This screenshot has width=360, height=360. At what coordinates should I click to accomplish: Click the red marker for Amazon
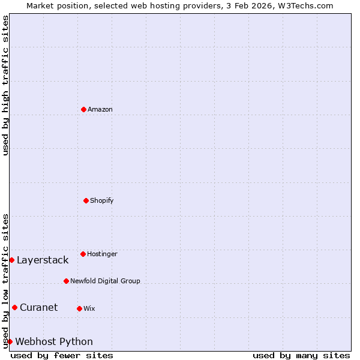coord(83,109)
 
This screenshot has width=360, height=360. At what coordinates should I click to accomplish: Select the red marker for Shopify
coord(86,200)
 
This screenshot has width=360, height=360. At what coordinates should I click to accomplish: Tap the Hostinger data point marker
coord(83,254)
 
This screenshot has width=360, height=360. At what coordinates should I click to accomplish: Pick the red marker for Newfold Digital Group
coord(66,281)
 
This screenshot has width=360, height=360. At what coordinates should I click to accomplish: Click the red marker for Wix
coord(79,308)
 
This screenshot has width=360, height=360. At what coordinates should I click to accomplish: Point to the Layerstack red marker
coord(11,260)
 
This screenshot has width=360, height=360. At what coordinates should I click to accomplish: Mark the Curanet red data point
coord(14,307)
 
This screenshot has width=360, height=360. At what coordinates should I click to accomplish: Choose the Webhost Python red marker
coord(10,341)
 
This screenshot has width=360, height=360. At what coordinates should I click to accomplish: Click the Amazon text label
coord(100,109)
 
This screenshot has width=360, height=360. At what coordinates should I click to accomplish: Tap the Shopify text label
coord(102,200)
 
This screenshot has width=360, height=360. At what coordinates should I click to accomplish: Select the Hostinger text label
coord(102,254)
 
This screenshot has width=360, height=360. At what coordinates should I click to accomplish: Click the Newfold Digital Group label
coord(105,281)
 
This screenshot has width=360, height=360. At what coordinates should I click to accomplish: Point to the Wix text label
coord(89,308)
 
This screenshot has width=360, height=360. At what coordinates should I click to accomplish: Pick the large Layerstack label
coord(43,260)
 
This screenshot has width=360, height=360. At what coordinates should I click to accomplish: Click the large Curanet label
coord(38,307)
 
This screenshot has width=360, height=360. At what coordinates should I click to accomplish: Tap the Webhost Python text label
coord(54,341)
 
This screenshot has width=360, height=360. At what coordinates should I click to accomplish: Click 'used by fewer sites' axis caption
coord(62,355)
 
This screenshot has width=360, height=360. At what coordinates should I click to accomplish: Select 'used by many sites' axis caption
coord(301,355)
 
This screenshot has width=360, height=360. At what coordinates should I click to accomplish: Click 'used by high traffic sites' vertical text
coord(5,86)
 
